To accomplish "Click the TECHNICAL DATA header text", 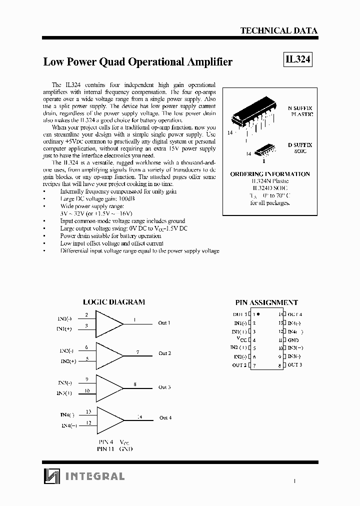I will (278, 30).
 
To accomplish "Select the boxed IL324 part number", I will (297, 59).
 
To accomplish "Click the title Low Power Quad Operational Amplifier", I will (138, 62).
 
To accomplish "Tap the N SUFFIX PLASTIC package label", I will (299, 111).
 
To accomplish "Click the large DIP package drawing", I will (253, 118).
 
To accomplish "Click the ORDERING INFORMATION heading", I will (270, 174).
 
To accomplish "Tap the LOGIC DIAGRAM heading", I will (113, 302).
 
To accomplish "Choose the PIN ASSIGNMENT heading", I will (266, 302).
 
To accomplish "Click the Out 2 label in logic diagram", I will (164, 353).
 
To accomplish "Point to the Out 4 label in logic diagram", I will (165, 417).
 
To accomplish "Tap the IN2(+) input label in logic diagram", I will (68, 361).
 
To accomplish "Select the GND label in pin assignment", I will (293, 339).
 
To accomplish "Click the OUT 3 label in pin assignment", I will (295, 365).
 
